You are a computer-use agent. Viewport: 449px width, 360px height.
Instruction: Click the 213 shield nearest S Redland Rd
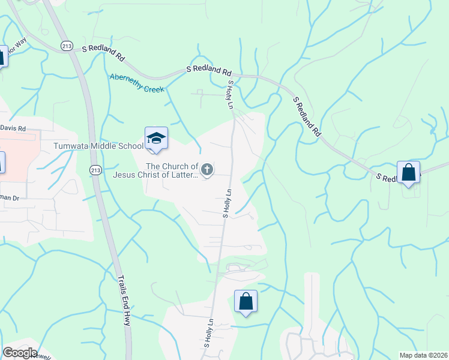point(67,46)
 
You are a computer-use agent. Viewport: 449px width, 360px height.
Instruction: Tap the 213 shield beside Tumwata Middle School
point(95,170)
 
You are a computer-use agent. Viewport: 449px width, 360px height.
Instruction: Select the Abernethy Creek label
point(136,83)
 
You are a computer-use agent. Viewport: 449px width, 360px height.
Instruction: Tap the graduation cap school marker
point(156,139)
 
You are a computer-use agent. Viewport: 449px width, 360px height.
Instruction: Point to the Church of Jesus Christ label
point(155,170)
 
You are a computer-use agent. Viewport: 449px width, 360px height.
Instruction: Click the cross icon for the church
point(207,170)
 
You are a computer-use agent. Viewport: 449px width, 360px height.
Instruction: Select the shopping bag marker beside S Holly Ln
point(246,301)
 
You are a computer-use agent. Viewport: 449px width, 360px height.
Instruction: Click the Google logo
point(20,353)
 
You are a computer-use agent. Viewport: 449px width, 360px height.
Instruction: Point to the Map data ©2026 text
point(424,355)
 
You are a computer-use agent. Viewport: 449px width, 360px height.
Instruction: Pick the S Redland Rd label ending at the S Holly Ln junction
point(208,70)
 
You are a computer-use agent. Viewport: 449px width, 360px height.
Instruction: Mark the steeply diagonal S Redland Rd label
point(306,117)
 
